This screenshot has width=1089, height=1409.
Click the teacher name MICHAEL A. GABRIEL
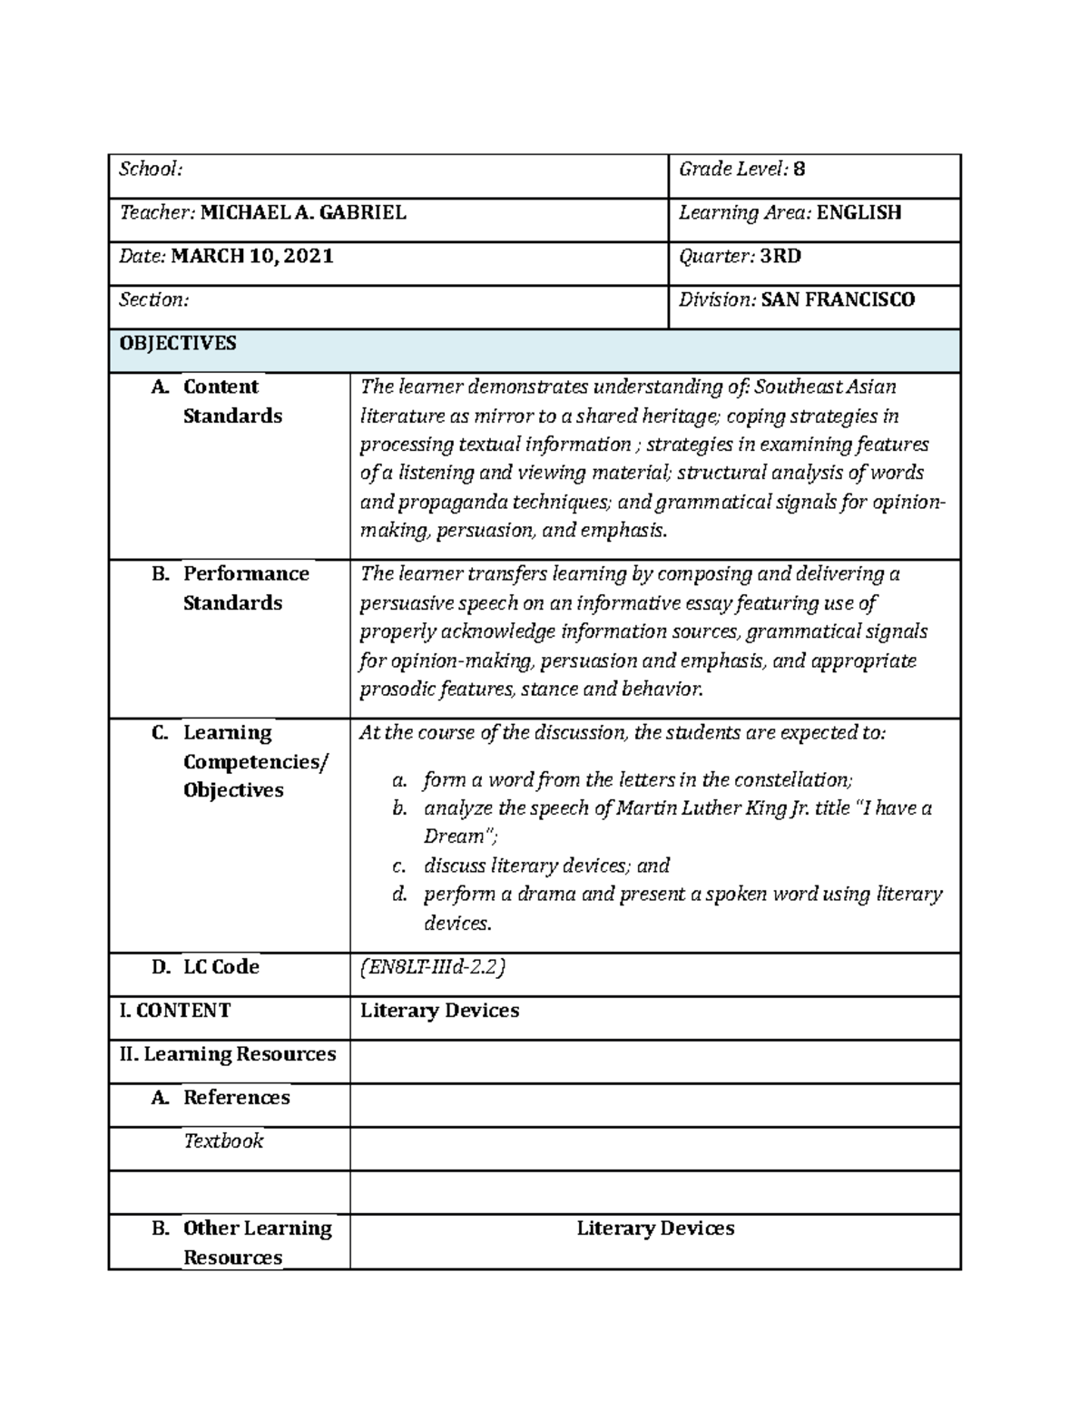tap(303, 213)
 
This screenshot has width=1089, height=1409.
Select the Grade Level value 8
tap(799, 170)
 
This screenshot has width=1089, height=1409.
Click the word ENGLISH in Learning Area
tap(858, 213)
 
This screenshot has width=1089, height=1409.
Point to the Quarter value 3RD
tap(780, 257)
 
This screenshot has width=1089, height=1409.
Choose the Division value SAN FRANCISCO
tap(838, 300)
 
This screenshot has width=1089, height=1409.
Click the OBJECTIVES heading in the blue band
tap(178, 344)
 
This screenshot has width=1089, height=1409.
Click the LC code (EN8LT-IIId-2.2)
tap(432, 967)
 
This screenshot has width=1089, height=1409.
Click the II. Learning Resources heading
tap(228, 1054)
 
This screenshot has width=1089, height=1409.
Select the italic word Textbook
tap(223, 1141)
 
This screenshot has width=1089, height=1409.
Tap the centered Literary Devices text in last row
tap(655, 1228)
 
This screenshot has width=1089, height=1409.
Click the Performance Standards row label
tap(245, 588)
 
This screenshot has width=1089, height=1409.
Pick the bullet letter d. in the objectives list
tap(399, 895)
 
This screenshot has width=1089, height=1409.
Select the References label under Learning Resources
tap(236, 1098)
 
